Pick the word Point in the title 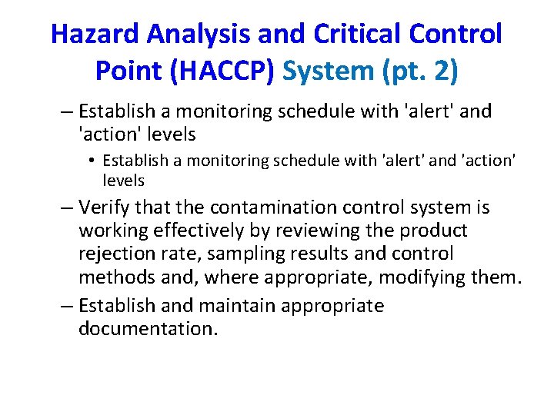click(x=128, y=71)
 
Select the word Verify click(x=105, y=207)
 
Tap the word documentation click(x=148, y=329)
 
